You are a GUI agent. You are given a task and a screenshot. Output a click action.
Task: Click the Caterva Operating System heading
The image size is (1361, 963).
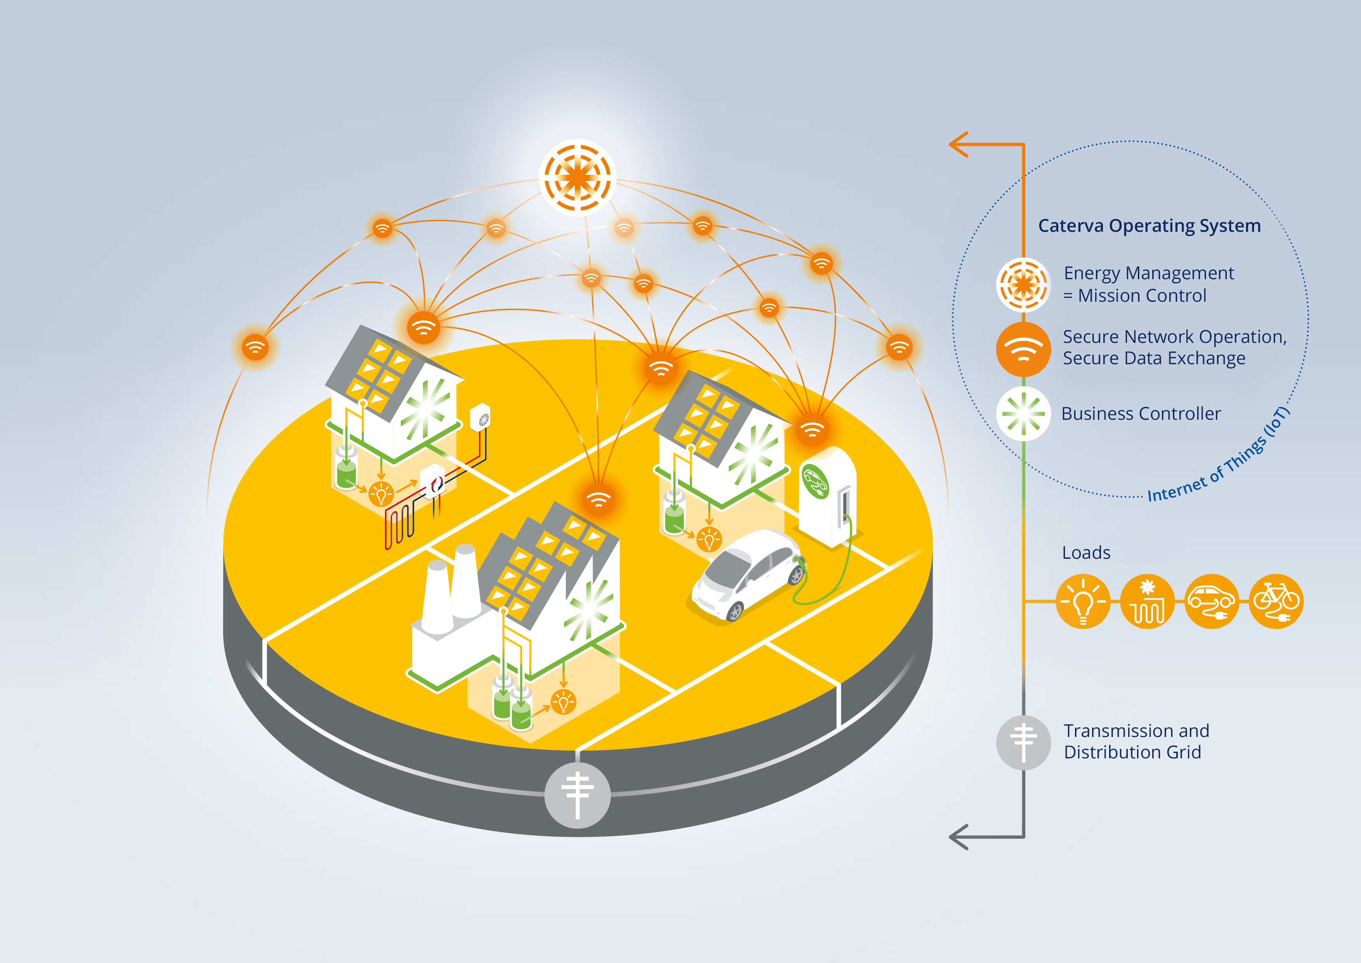tap(1149, 226)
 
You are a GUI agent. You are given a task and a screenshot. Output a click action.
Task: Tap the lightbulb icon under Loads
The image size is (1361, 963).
tap(1083, 601)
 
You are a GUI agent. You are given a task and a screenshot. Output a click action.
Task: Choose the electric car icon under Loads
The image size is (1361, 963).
tap(1212, 601)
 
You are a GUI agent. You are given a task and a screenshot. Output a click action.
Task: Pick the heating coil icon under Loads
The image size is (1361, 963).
tap(1148, 601)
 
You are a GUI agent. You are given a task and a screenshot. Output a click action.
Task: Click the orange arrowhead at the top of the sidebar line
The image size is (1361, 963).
tap(959, 144)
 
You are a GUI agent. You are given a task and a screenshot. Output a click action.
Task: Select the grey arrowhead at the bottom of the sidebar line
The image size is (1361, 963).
tap(959, 837)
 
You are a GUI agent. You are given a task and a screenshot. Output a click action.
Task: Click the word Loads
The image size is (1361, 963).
tap(1086, 553)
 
